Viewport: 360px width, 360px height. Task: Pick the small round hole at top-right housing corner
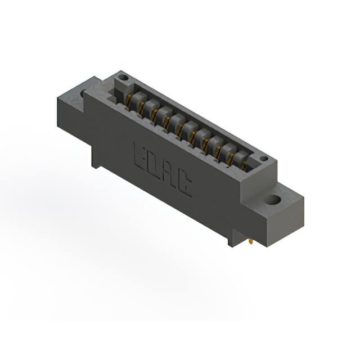(x=263, y=159)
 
